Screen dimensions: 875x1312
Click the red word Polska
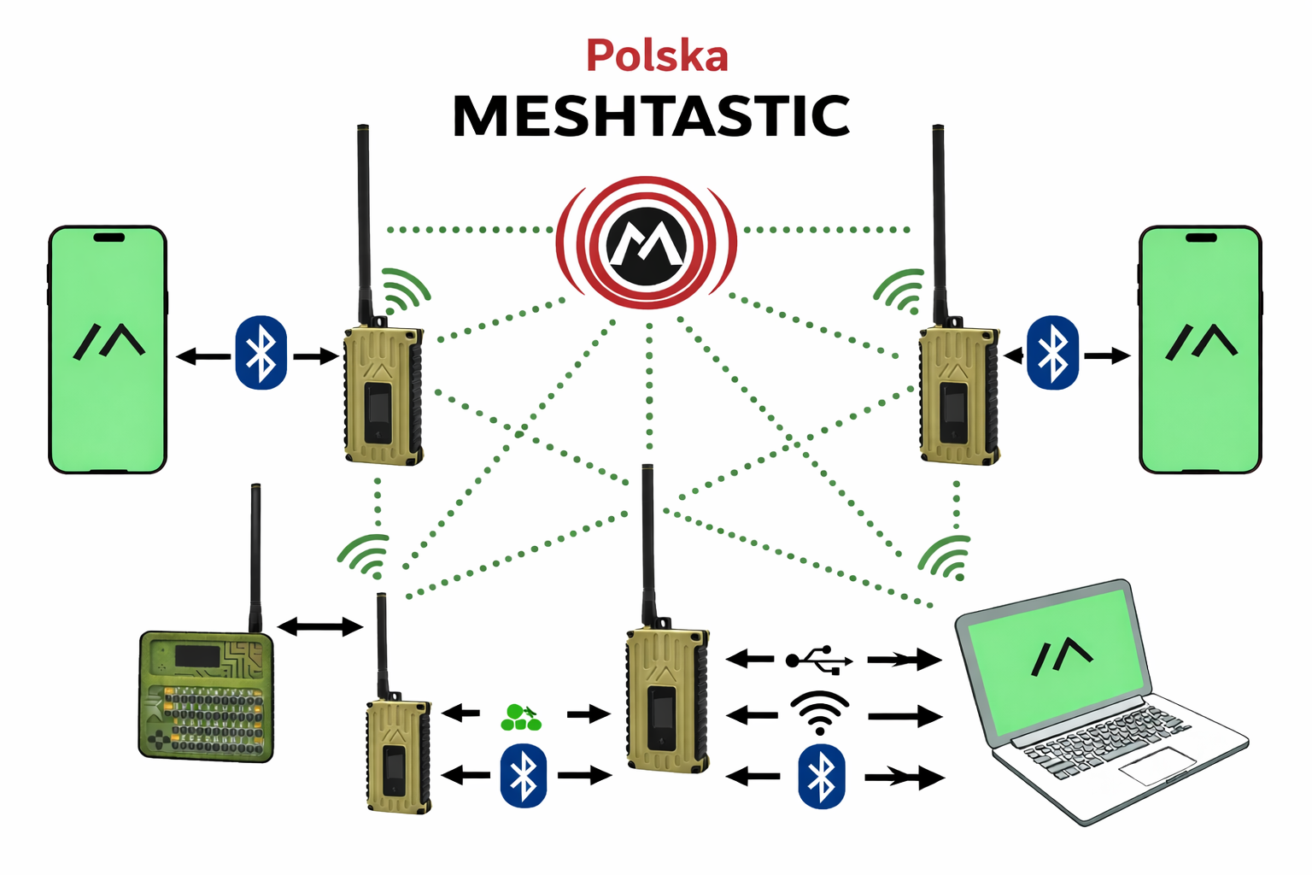pos(657,56)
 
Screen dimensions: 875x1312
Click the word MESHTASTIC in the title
pos(651,116)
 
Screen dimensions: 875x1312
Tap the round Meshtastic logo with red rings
pos(647,244)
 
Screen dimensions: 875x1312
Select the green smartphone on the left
pos(108,349)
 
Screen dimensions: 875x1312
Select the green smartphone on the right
pos(1200,349)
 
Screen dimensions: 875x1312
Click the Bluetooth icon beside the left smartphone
pos(261,353)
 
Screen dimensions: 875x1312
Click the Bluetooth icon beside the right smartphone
pos(1052,353)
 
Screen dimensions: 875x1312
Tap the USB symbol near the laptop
pos(819,660)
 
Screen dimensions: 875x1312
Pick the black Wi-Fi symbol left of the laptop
pos(819,713)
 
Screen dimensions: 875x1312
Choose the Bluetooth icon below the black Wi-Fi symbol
pos(821,776)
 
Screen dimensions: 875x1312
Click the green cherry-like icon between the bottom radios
pos(520,718)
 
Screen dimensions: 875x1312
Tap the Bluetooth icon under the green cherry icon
pos(523,775)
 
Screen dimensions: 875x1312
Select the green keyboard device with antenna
pos(206,696)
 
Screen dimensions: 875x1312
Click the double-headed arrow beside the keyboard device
pos(320,627)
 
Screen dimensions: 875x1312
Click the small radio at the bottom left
pos(398,756)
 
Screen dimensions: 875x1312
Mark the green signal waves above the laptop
pos(947,556)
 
